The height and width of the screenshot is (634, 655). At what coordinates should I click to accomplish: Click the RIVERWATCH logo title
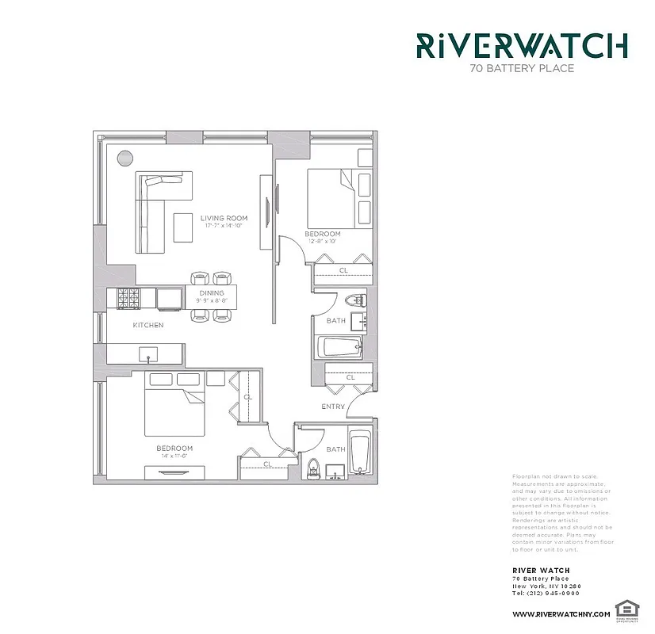[x=523, y=45]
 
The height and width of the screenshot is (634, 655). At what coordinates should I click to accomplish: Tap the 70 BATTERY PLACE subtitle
[x=522, y=68]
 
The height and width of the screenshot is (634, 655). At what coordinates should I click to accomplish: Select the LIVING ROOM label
[x=224, y=218]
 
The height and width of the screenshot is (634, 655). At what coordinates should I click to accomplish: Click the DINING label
[x=212, y=293]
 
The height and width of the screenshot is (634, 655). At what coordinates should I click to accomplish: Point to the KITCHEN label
[x=148, y=325]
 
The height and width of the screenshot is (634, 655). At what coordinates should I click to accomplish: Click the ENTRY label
[x=333, y=407]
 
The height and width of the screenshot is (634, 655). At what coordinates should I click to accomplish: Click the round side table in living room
[x=125, y=157]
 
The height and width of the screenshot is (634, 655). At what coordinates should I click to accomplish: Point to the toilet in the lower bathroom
[x=313, y=468]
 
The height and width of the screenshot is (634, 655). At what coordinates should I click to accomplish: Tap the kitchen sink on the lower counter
[x=148, y=353]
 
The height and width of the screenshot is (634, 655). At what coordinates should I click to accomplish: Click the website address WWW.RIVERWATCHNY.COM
[x=561, y=614]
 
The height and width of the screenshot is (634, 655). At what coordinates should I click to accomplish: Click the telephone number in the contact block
[x=547, y=594]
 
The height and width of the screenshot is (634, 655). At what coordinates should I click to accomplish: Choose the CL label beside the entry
[x=350, y=378]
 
